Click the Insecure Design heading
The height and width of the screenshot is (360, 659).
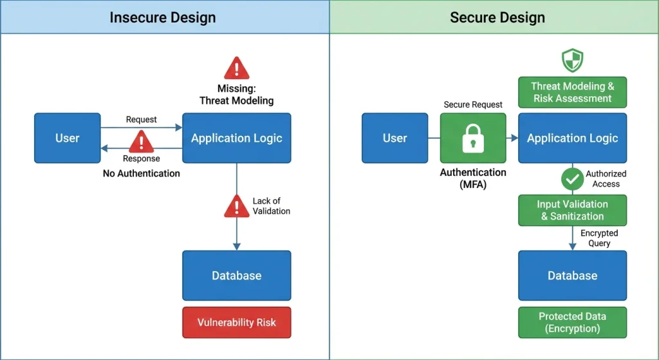tap(162, 17)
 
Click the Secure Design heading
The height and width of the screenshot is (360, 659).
tap(497, 17)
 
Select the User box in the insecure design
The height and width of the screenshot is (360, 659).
tap(68, 138)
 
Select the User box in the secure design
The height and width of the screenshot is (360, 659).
tap(395, 138)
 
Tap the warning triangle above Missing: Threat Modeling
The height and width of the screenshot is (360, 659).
tap(237, 68)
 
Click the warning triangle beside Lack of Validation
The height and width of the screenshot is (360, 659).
tap(237, 206)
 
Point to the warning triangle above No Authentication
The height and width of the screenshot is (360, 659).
tap(142, 142)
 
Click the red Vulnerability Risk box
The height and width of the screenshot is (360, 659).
tap(236, 322)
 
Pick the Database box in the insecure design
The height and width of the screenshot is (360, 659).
tap(236, 276)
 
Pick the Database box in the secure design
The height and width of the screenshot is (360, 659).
tap(572, 276)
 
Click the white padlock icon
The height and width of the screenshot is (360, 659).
tap(473, 138)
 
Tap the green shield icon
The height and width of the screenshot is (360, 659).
tap(572, 61)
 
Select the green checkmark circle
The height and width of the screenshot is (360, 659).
tap(572, 179)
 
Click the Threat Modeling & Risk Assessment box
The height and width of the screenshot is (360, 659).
tap(572, 92)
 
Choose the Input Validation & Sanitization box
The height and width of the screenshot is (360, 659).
tap(572, 210)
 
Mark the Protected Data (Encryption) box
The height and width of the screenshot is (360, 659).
tap(572, 322)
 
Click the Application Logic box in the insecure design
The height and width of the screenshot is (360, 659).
tap(236, 138)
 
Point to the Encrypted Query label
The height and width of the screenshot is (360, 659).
tap(599, 238)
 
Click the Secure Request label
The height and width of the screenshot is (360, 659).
tap(473, 104)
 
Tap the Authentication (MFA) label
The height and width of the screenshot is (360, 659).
tap(473, 178)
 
